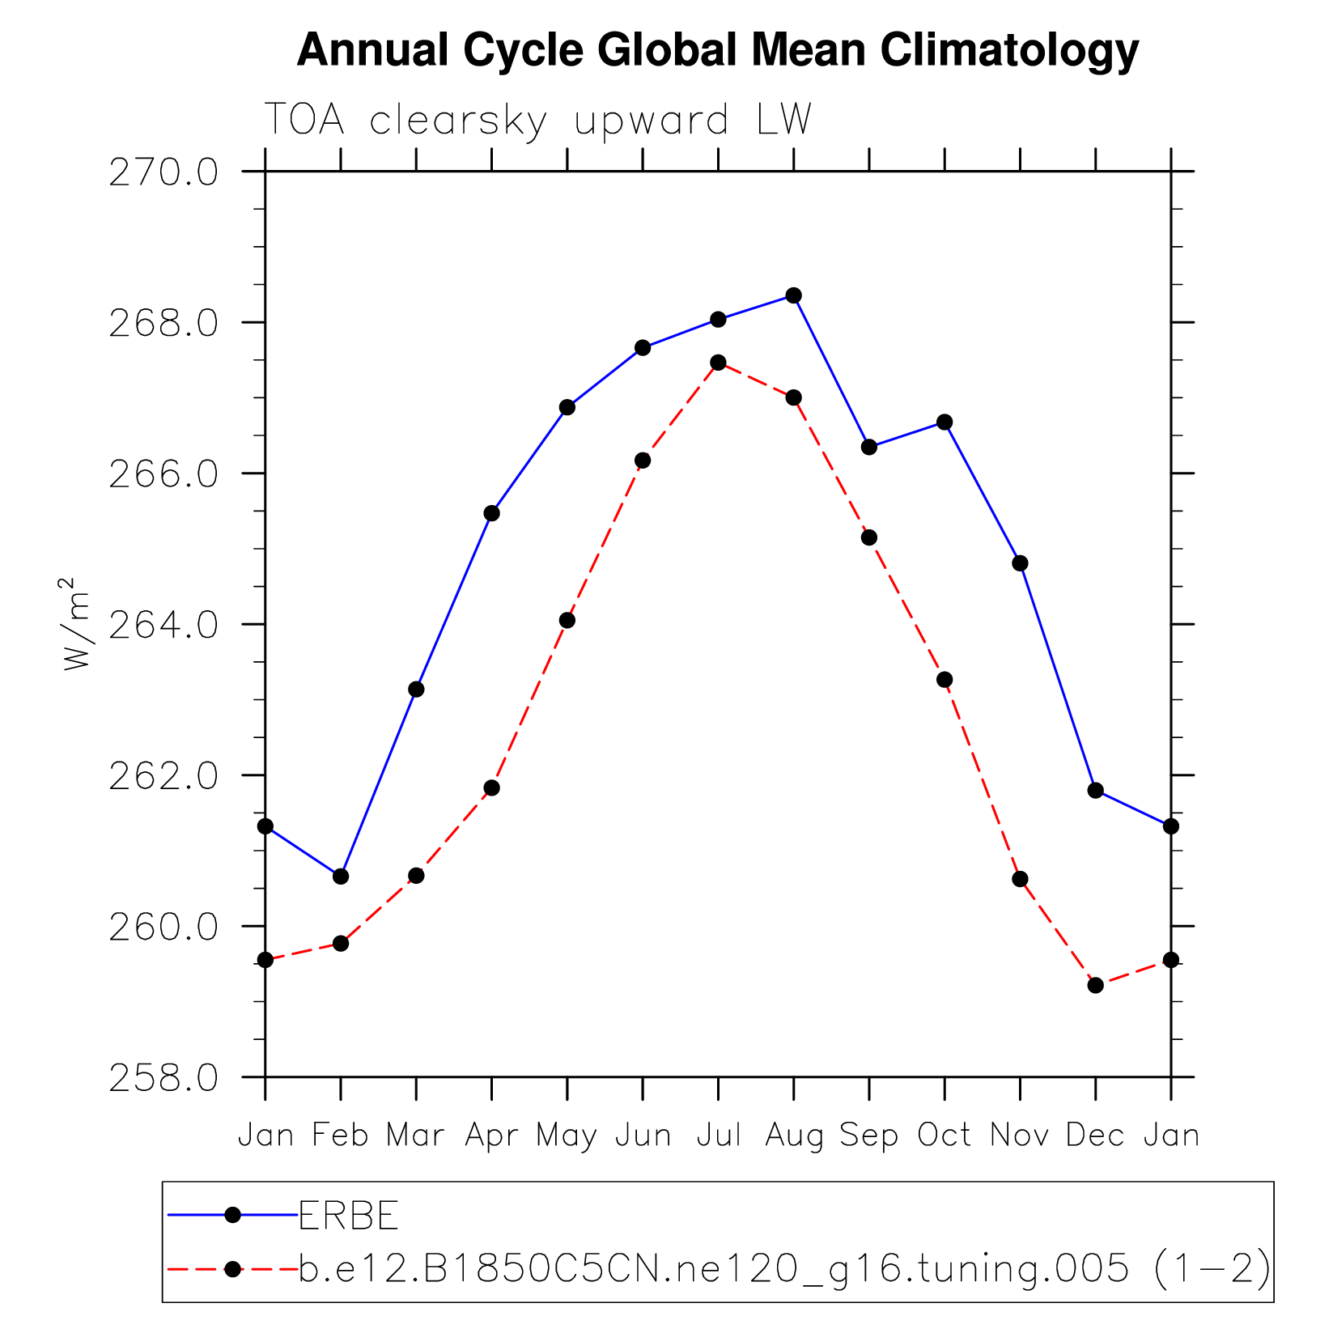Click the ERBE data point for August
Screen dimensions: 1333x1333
pyautogui.click(x=793, y=295)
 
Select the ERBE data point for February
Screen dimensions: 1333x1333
pyautogui.click(x=341, y=877)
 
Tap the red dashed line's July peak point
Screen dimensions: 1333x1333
pyautogui.click(x=718, y=363)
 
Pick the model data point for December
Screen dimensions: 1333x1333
pyautogui.click(x=1095, y=985)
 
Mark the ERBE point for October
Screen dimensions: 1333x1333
pyautogui.click(x=945, y=422)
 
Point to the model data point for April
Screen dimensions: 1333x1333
pyautogui.click(x=491, y=788)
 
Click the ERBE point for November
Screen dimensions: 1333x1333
pyautogui.click(x=1020, y=563)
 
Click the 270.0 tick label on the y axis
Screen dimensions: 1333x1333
pyautogui.click(x=164, y=172)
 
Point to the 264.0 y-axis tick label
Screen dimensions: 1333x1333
pyautogui.click(x=164, y=625)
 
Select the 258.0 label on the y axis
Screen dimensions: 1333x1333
pyautogui.click(x=164, y=1077)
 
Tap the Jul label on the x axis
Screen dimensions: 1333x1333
pyautogui.click(x=719, y=1136)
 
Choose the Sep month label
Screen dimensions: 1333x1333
pyautogui.click(x=869, y=1136)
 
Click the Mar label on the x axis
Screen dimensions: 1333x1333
pyautogui.click(x=416, y=1136)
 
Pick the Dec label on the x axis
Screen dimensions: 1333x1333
pyautogui.click(x=1095, y=1136)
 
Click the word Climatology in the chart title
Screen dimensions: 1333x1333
pyautogui.click(x=1009, y=50)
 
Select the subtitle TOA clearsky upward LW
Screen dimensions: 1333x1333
pyautogui.click(x=537, y=121)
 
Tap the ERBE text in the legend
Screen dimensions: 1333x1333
pyautogui.click(x=349, y=1215)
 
